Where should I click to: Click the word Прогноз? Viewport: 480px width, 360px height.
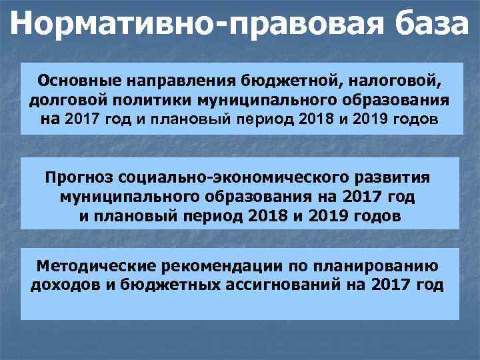click(79, 178)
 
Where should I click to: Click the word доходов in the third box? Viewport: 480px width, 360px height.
click(61, 285)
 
